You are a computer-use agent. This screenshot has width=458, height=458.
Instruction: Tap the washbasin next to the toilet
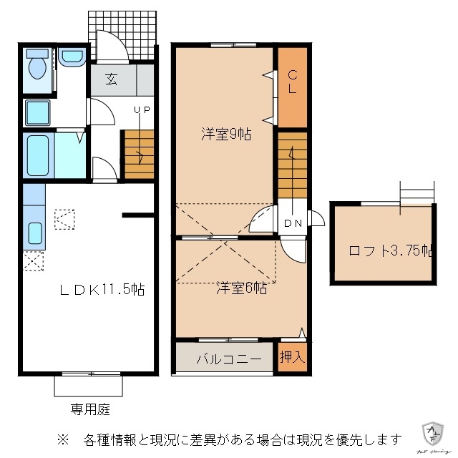[x=71, y=57]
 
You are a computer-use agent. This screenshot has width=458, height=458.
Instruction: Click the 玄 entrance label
[x=112, y=79]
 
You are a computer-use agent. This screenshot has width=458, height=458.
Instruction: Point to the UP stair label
[x=142, y=109]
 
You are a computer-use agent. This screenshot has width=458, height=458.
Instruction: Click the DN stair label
[x=293, y=223]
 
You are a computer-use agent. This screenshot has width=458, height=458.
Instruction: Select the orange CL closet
[x=292, y=86]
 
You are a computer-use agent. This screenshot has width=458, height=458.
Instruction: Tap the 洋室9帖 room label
[x=225, y=134]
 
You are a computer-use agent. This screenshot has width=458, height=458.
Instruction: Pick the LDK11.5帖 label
[x=102, y=290]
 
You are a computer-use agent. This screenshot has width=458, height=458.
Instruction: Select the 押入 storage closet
[x=291, y=356]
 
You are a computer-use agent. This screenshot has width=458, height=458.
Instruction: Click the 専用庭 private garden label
[x=90, y=409]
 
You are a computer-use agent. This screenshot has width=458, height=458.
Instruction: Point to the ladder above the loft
[x=417, y=192]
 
